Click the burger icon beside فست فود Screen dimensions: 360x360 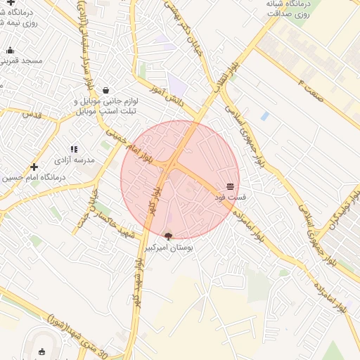click(231, 186)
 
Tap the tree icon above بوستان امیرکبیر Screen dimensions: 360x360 click(167, 236)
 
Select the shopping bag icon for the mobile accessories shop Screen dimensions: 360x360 click(105, 90)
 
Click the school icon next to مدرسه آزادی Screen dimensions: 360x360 click(74, 149)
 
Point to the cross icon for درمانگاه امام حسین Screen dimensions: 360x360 click(34, 167)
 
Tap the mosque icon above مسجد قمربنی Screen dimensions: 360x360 click(10, 50)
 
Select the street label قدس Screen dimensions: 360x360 click(33, 113)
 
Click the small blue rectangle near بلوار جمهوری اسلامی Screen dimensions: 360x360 click(264, 116)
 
